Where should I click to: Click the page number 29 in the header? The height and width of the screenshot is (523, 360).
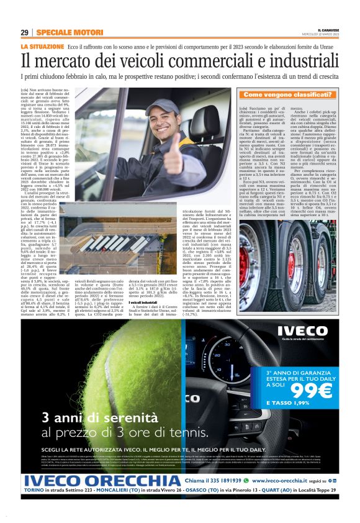24,33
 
